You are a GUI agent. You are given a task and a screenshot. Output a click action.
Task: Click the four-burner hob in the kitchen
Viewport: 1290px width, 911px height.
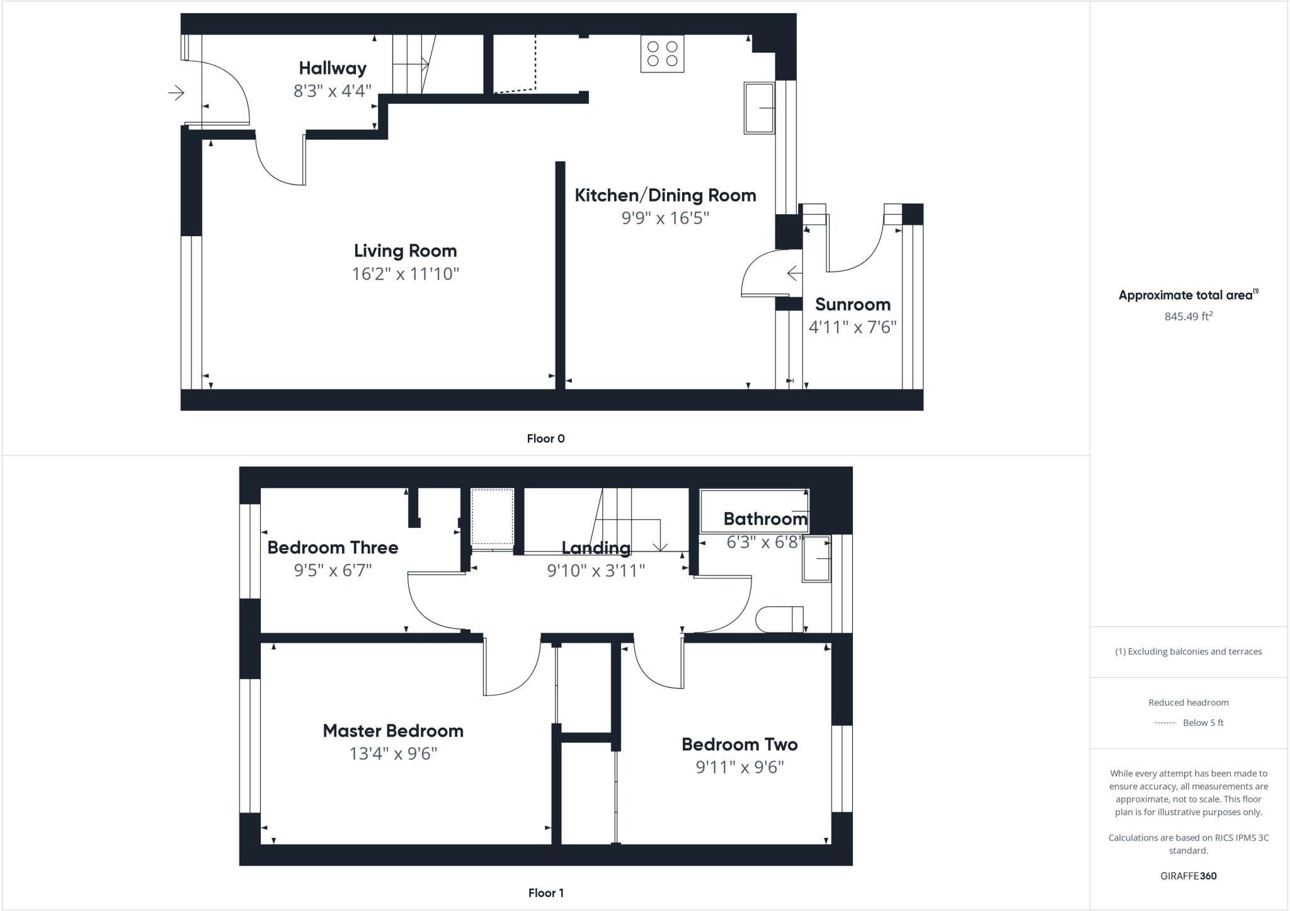(662, 54)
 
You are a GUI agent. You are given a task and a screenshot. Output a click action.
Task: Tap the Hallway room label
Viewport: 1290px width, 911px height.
(333, 68)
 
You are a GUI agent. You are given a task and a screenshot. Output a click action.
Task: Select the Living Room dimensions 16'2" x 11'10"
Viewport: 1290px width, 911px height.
(406, 274)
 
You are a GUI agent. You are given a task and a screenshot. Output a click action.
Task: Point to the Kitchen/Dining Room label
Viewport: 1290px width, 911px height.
(665, 195)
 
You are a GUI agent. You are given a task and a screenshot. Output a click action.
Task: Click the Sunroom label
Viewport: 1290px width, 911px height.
(852, 305)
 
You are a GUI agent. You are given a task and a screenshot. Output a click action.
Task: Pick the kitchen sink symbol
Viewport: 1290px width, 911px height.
(759, 108)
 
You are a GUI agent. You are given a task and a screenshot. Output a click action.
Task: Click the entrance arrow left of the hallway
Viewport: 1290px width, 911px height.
(176, 93)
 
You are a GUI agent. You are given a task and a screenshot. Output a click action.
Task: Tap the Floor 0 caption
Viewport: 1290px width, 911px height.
(545, 438)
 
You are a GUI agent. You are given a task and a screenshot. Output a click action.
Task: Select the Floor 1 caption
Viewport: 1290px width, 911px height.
(545, 893)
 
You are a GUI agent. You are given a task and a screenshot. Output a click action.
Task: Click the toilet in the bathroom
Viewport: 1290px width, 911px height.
(779, 619)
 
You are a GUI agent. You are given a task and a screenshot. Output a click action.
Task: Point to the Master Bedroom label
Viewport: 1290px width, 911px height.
(393, 731)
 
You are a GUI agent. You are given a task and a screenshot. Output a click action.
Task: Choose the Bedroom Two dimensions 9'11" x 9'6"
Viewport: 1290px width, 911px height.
(739, 767)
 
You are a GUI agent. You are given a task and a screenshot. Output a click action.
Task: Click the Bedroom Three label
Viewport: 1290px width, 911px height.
(333, 547)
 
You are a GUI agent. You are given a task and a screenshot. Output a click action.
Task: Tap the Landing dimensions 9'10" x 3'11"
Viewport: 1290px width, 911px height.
(596, 571)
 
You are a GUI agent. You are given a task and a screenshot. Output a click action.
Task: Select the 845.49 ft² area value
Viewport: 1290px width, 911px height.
(1188, 316)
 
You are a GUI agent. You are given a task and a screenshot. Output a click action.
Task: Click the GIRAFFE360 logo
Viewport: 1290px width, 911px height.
(1188, 876)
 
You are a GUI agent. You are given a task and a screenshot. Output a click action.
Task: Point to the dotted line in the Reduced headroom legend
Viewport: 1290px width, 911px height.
(1165, 723)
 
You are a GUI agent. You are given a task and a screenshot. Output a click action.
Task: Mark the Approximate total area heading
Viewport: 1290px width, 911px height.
(1188, 295)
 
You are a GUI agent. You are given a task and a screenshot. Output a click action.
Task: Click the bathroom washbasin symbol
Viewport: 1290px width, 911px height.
(816, 559)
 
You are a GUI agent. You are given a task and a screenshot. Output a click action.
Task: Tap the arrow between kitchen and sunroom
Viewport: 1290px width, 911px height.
(794, 273)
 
